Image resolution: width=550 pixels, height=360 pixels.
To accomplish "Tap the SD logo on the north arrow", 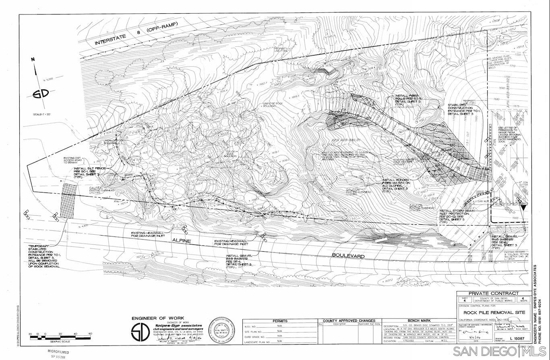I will point(41,94).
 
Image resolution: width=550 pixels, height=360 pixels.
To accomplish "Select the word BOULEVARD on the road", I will point(348,256).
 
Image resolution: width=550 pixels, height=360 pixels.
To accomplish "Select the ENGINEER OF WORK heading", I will point(155,319).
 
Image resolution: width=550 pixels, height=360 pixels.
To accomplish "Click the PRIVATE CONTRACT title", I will point(493,293).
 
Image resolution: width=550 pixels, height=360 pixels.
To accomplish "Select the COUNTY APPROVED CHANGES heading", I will point(349,321).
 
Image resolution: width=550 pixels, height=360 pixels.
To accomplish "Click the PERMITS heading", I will point(280,321).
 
